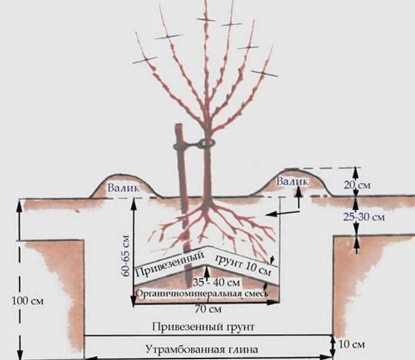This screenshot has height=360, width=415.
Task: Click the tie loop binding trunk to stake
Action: [206, 144]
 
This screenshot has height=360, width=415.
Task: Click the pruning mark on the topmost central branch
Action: [205, 20]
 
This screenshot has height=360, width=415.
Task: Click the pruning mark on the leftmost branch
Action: [145, 59]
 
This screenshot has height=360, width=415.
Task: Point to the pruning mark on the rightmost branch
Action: [265, 73]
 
